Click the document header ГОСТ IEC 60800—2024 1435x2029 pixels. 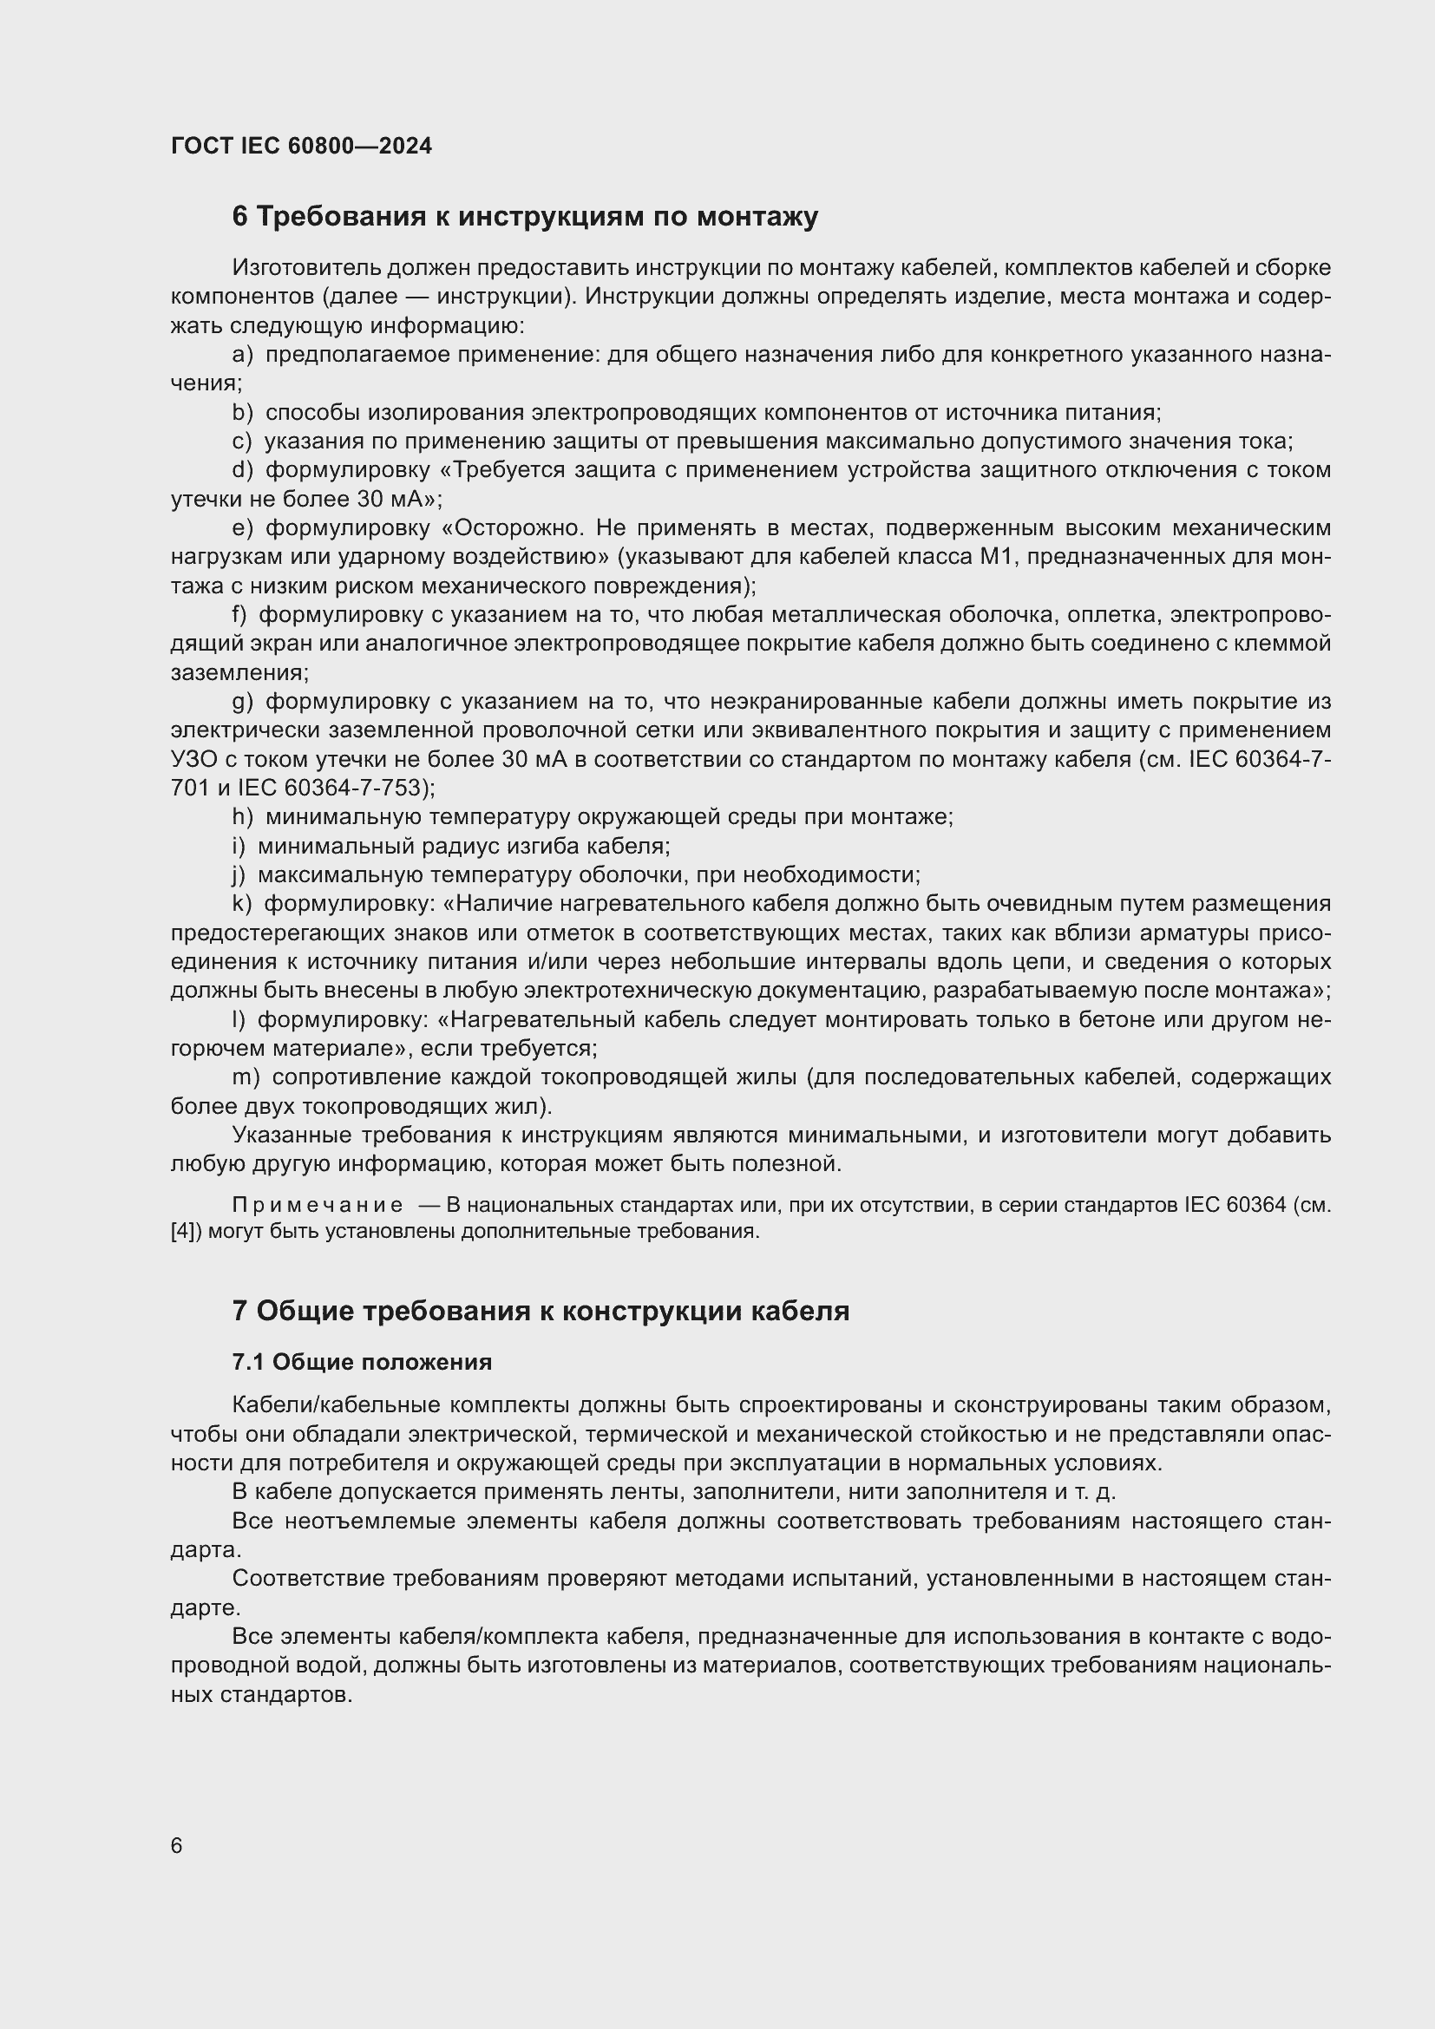(301, 146)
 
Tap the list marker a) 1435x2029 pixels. (242, 356)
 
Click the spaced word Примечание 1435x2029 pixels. (318, 1206)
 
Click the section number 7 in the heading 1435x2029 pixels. (239, 1312)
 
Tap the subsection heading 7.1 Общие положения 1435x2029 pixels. (362, 1363)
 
